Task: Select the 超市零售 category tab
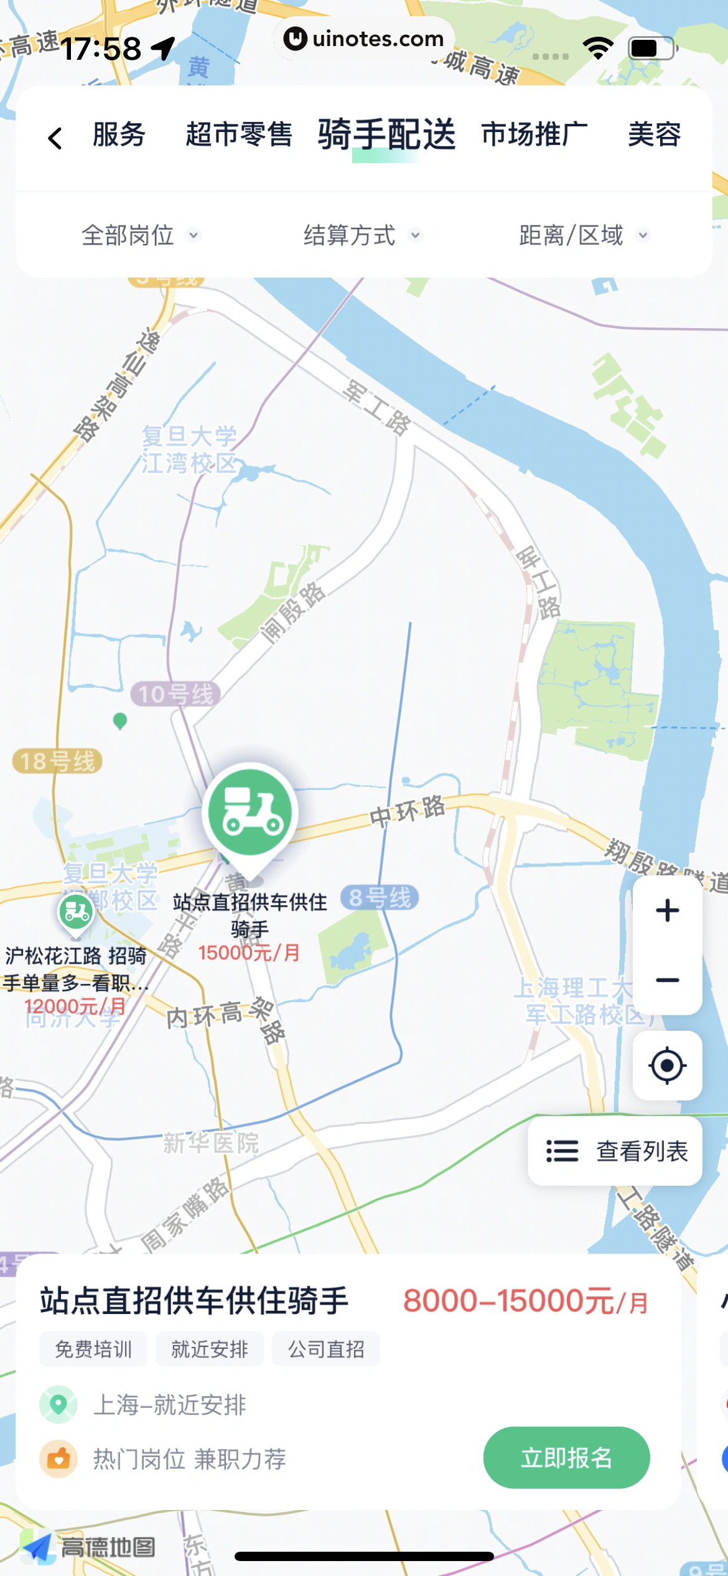239,134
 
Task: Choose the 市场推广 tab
534,134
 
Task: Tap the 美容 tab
654,134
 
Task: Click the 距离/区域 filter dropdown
584,235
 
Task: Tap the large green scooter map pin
250,813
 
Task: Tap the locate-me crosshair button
667,1066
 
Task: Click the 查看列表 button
615,1151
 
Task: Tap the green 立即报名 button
566,1458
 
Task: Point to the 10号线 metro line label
175,694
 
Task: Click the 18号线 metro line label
57,761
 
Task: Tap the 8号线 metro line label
380,898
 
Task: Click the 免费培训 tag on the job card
93,1349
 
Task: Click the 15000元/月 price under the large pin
249,952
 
